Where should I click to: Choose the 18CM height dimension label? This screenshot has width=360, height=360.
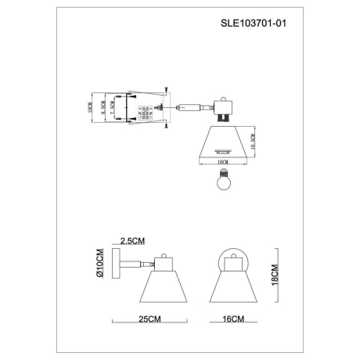click(x=275, y=274)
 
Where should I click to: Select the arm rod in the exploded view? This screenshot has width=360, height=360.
click(x=187, y=106)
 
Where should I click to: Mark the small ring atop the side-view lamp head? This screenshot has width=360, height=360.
click(x=162, y=255)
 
